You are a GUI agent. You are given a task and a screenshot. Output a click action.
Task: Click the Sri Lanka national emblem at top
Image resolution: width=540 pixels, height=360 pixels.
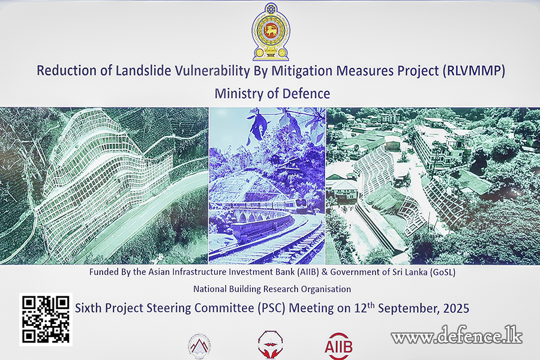pos(271,32)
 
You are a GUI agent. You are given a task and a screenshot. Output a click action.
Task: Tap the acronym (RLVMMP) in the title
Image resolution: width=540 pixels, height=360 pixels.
pos(473,71)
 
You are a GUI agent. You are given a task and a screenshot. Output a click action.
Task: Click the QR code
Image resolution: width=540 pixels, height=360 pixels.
pos(46,319)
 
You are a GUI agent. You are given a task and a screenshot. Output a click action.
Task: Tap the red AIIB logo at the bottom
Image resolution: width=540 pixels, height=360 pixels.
pos(338,346)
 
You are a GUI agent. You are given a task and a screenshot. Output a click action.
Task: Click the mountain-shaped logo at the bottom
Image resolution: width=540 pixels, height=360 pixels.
pos(199,346)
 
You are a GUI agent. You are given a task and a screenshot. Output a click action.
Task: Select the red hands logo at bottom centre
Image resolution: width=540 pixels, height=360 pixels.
pos(271,345)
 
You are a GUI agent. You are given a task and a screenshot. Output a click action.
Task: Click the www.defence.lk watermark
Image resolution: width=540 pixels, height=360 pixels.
pos(457,335)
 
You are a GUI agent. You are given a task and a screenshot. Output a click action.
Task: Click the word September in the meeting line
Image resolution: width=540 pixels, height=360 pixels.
pos(409,308)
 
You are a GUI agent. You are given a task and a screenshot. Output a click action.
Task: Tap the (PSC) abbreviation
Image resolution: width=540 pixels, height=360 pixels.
pos(272,308)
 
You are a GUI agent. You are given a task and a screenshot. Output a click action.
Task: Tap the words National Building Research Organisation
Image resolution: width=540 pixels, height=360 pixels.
pos(272,289)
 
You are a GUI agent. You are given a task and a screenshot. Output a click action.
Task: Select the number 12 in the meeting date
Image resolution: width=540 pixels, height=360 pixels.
pos(360,308)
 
